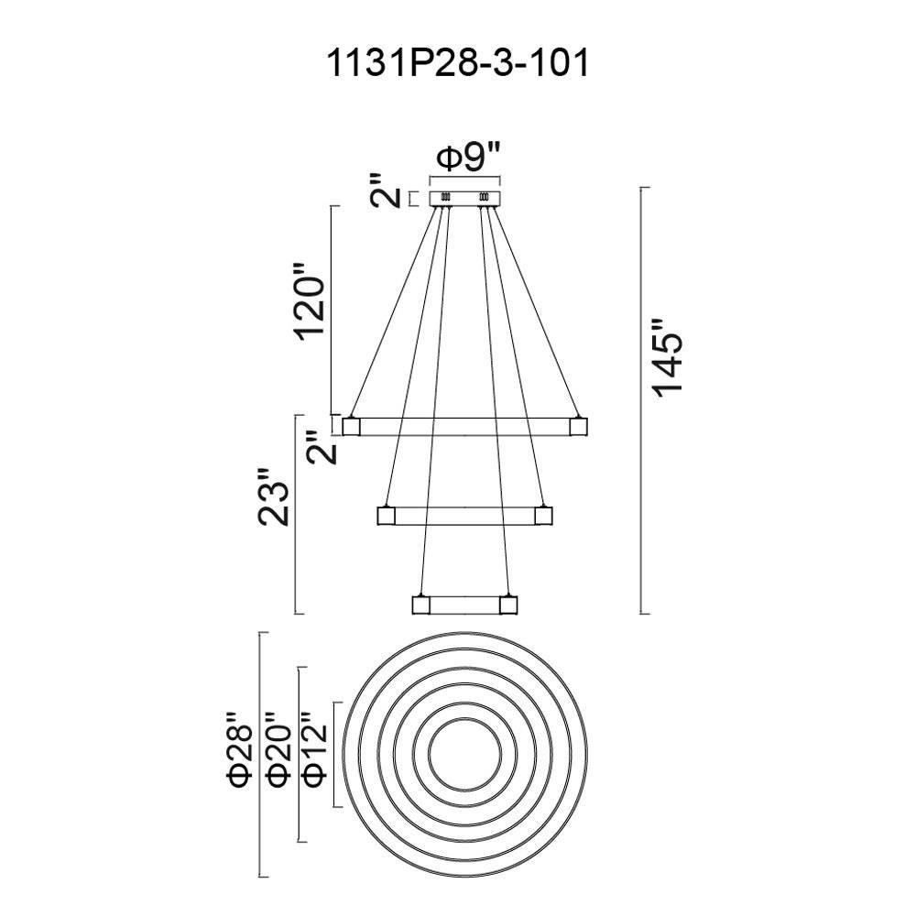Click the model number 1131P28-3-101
[x=458, y=63]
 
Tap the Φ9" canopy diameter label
[x=470, y=158]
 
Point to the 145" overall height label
[x=667, y=359]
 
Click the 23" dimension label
[x=275, y=497]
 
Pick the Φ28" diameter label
[x=240, y=749]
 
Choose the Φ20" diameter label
[x=278, y=749]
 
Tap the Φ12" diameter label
[x=314, y=749]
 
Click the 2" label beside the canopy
[x=386, y=191]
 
